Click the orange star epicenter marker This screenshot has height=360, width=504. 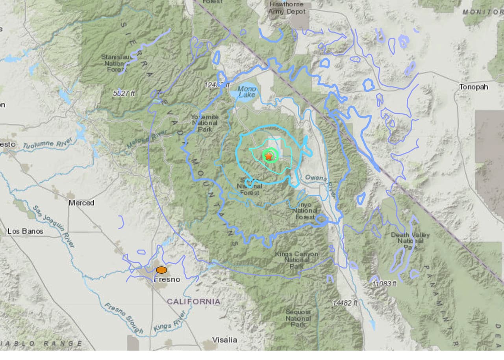[269, 156]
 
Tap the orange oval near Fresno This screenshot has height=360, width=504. [161, 270]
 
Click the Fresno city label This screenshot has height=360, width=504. [167, 279]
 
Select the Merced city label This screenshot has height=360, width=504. [82, 203]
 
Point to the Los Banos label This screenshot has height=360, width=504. [25, 231]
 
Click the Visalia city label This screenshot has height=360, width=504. [224, 340]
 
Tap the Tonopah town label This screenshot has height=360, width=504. [474, 87]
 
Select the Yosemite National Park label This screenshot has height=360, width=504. [205, 123]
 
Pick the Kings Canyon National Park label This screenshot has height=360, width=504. [296, 260]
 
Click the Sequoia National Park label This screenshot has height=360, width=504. [298, 318]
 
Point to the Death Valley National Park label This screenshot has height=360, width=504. [410, 241]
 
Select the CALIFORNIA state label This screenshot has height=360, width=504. [193, 302]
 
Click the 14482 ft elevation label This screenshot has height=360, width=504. [345, 303]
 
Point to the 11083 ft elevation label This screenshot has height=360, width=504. [384, 284]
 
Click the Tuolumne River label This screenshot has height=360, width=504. [47, 144]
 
